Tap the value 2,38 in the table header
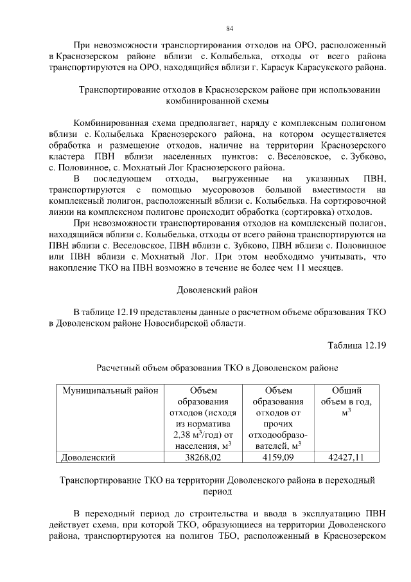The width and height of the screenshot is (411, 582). (x=186, y=434)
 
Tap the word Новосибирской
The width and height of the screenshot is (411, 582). (x=209, y=323)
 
